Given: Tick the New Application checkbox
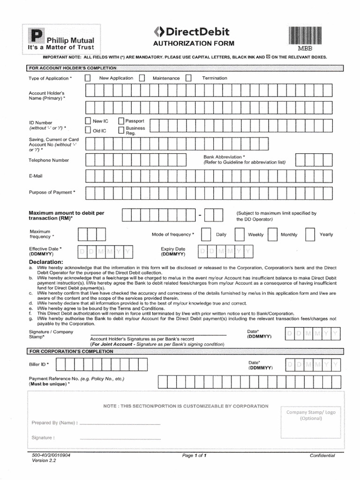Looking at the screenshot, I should click(x=88, y=78).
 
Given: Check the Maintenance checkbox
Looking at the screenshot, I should click(x=142, y=78).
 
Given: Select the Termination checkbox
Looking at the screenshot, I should click(x=188, y=78).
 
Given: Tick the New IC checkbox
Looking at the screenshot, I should click(x=88, y=121).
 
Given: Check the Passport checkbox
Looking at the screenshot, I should click(x=121, y=121).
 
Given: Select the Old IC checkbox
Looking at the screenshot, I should click(x=88, y=130).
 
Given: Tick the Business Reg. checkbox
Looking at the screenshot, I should click(x=121, y=130).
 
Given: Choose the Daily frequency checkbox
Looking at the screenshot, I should click(x=205, y=234).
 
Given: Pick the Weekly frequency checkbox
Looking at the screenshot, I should click(x=239, y=234).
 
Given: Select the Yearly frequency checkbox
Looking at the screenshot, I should click(x=310, y=234).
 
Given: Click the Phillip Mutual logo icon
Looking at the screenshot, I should click(x=36, y=37).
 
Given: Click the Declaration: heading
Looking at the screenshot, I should click(x=46, y=262).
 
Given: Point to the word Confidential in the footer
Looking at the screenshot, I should click(x=322, y=456).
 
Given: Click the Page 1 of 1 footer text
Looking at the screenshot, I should click(x=194, y=456).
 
